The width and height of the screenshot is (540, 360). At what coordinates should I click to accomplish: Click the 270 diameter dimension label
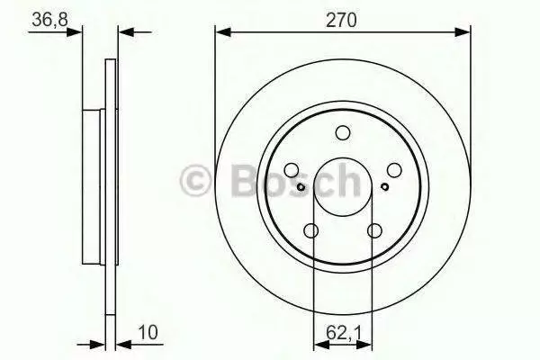coord(341,20)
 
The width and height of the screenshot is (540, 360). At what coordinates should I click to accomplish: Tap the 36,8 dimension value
coord(49,19)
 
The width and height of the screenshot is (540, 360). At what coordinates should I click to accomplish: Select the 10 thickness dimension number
coord(148,332)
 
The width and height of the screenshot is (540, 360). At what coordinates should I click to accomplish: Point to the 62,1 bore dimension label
coord(344,332)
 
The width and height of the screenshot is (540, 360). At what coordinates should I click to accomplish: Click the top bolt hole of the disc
coord(343,132)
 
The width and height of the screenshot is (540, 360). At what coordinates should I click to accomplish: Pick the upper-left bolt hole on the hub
coord(292,170)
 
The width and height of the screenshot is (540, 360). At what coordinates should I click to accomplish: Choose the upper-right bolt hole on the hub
coord(394,170)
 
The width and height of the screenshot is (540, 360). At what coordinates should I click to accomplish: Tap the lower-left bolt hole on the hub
coord(311,230)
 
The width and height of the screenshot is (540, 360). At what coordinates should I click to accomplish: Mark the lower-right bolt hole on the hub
coord(374,230)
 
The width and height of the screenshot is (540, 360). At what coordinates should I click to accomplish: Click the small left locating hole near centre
coord(301,187)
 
